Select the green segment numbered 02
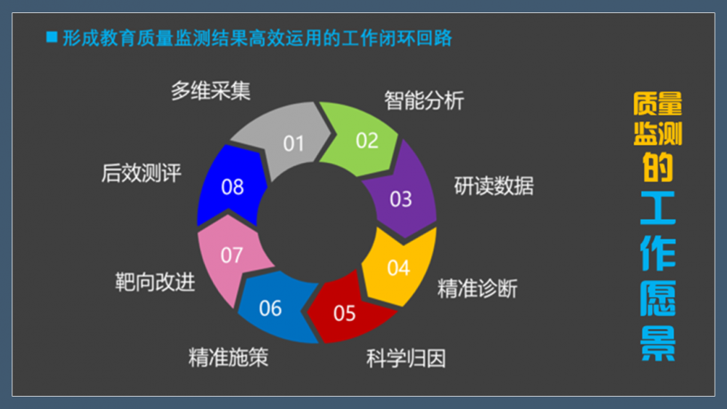[x=361, y=138]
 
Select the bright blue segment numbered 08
[x=231, y=186]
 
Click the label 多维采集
[x=211, y=90]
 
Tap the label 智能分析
[x=425, y=100]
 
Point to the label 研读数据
[x=494, y=186]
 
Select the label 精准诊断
[x=478, y=288]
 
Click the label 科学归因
[x=406, y=358]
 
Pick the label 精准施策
[x=228, y=357]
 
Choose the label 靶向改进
[x=155, y=282]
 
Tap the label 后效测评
[x=142, y=173]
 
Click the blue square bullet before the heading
[x=52, y=37]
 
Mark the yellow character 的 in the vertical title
[x=657, y=167]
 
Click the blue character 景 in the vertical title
[x=657, y=343]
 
